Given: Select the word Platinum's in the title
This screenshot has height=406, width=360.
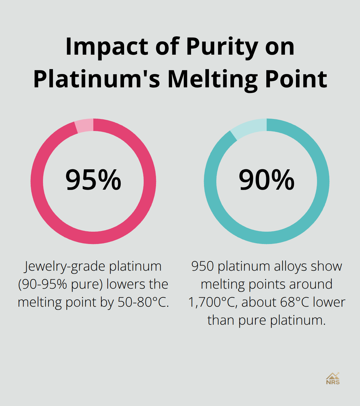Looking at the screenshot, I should point(97,79).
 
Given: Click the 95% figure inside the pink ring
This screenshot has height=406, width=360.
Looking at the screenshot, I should point(93,180).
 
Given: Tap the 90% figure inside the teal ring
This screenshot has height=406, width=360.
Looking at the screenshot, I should point(266,180).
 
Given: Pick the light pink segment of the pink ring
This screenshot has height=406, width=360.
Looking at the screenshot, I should point(84,126).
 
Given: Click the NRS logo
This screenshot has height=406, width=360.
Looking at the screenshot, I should point(333,379).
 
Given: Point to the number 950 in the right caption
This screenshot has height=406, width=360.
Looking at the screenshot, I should point(203,266).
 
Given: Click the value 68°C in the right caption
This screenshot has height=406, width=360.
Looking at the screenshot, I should point(294,302).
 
